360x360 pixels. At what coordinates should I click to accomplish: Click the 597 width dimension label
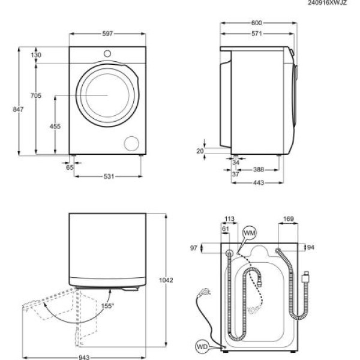coord(107,34)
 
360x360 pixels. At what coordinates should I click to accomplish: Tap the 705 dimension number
coord(37,96)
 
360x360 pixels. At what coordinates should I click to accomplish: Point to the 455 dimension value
coord(55,126)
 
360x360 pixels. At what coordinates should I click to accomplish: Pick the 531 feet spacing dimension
coord(108,176)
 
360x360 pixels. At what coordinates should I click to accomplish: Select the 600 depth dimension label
coord(257,23)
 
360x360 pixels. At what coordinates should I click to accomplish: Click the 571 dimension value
coord(257,34)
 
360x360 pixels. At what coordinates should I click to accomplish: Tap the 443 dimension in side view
coord(258,182)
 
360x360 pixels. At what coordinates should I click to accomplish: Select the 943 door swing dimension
coord(84,358)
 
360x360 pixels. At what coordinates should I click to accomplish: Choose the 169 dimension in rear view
coord(289,219)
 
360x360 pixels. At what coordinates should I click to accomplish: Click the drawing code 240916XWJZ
coord(328,3)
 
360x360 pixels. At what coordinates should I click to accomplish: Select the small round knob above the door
coord(107,54)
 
